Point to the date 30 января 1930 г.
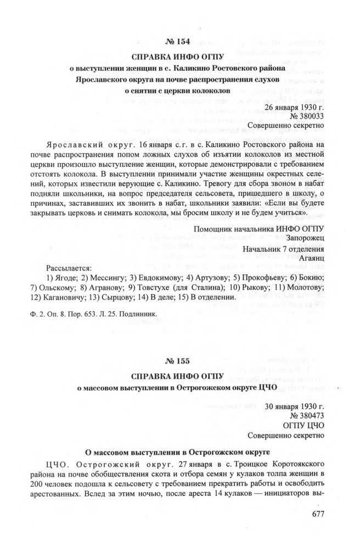(295, 407)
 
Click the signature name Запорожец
(306, 238)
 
